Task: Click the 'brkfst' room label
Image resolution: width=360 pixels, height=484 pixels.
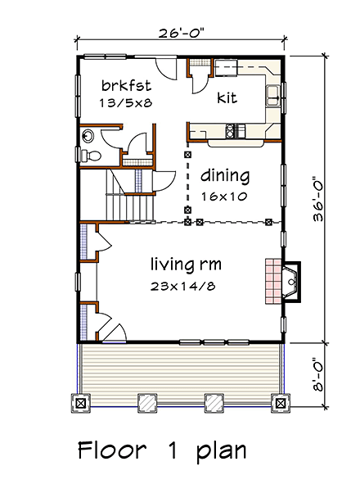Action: point(124,86)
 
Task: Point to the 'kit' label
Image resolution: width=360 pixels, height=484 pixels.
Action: point(227,97)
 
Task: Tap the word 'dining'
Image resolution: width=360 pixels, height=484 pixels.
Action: point(224,175)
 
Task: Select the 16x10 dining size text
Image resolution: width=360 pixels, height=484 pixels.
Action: point(224,197)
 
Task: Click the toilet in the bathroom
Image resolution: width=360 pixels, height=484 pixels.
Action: point(92,154)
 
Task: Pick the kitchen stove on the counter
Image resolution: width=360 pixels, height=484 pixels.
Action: point(236,129)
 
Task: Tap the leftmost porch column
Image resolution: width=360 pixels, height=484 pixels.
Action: point(80,402)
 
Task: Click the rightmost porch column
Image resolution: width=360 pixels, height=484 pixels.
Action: point(281,402)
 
